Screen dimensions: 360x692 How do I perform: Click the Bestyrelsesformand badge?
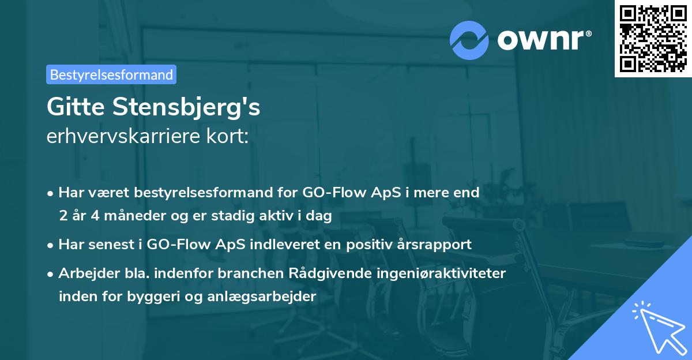[x=111, y=74]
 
